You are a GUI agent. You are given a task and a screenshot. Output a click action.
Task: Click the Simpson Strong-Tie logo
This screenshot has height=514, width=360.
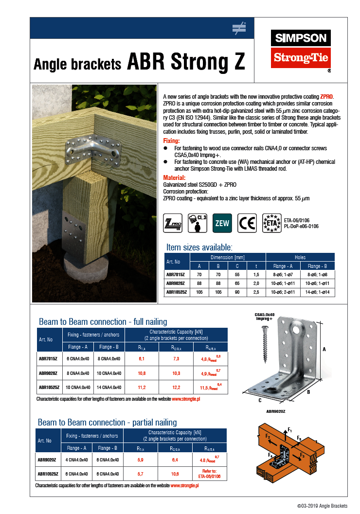click(x=301, y=49)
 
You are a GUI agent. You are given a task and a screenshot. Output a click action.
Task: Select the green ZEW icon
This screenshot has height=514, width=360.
click(x=222, y=223)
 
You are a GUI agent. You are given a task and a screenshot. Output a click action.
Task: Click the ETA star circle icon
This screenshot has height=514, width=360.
click(x=271, y=223)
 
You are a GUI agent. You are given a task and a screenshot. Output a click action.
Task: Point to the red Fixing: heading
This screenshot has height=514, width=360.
click(x=171, y=141)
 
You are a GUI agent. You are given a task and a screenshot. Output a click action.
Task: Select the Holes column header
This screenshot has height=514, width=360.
click(x=300, y=257)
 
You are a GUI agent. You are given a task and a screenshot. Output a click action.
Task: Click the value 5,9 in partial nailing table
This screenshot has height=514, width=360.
click(x=141, y=460)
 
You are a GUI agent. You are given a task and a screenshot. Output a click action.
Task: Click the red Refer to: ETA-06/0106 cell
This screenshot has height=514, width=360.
click(x=209, y=474)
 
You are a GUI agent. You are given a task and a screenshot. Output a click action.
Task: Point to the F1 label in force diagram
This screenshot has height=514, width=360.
click(x=290, y=429)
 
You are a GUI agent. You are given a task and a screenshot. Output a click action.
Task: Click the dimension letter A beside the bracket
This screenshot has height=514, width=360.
click(x=324, y=349)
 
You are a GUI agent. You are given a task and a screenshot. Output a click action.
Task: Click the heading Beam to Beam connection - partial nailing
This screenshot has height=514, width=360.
click(x=107, y=422)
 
